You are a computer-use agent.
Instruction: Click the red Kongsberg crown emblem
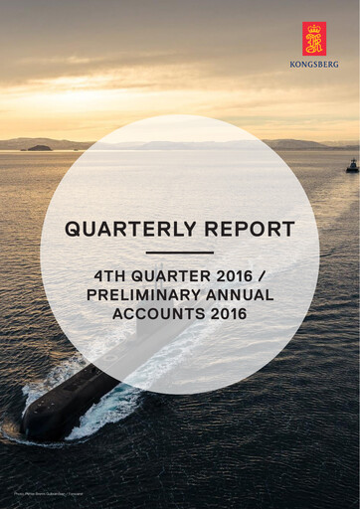pos(314,39)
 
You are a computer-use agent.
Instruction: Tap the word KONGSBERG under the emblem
pos(314,64)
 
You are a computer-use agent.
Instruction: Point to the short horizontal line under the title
pos(180,253)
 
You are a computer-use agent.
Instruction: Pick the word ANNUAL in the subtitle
pos(237,295)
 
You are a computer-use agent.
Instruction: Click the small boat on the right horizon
pos(352,166)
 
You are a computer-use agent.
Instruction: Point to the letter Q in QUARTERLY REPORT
pos(73,230)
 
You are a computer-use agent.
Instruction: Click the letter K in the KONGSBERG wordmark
pos(292,64)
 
